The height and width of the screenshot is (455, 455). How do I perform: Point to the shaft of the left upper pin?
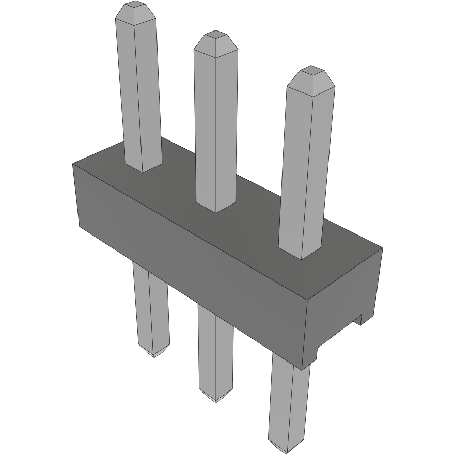pyautogui.click(x=138, y=93)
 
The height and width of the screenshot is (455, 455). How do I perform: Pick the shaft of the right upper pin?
pyautogui.click(x=306, y=165)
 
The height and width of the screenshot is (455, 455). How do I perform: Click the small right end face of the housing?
pyautogui.click(x=343, y=305)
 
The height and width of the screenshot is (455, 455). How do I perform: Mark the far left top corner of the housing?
pyautogui.click(x=73, y=164)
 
